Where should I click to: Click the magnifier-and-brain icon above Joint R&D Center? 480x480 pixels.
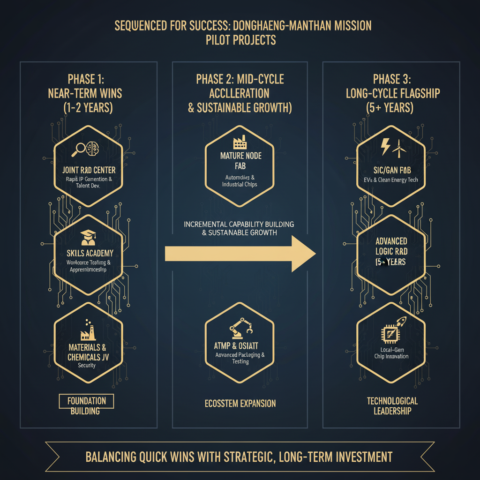[x=88, y=150]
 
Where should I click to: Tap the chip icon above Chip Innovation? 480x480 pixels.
[x=388, y=334]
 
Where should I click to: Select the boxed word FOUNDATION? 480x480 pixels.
[x=86, y=401]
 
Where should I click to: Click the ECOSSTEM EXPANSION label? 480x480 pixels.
[x=240, y=403]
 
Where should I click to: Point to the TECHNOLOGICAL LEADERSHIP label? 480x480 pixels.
[x=392, y=405]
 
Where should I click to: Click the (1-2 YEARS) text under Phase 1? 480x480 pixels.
[x=88, y=107]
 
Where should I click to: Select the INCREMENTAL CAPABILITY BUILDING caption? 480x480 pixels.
[x=239, y=224]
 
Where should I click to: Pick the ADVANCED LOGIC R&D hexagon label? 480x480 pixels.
[x=391, y=246]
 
